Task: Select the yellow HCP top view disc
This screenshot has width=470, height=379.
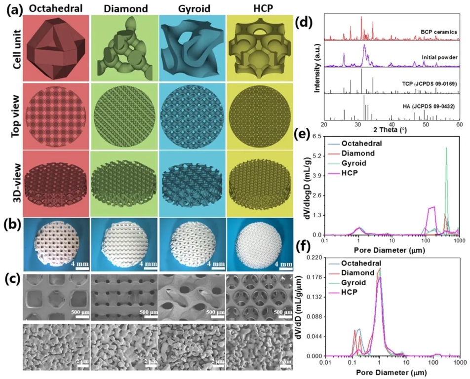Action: pos(258,116)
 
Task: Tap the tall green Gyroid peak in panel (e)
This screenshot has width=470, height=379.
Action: pos(446,148)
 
